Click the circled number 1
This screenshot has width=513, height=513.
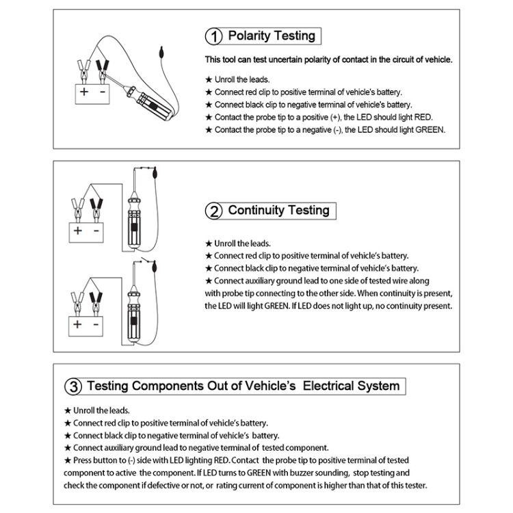click(x=215, y=36)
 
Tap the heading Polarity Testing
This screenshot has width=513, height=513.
click(x=272, y=36)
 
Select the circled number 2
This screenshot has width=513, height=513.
click(x=214, y=211)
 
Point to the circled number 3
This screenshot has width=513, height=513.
click(x=73, y=387)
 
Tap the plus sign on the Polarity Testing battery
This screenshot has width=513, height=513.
click(x=83, y=90)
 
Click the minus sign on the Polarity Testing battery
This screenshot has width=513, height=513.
click(x=103, y=90)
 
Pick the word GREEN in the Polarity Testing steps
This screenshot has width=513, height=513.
click(x=429, y=129)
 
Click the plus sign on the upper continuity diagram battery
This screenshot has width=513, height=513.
click(x=78, y=231)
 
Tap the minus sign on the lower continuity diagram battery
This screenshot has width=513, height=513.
click(x=96, y=324)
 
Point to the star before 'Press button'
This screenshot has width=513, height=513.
click(x=67, y=460)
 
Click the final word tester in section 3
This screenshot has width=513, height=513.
click(x=413, y=485)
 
